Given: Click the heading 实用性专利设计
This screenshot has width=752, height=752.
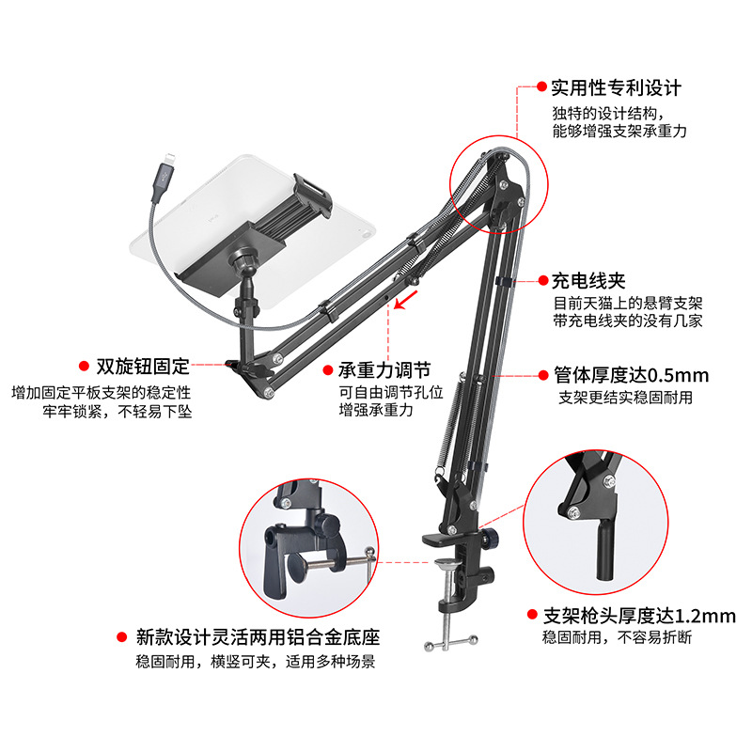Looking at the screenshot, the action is [617, 88].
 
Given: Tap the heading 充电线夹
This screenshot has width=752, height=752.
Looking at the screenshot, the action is [588, 281].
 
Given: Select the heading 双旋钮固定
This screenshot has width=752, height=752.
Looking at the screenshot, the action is [143, 367].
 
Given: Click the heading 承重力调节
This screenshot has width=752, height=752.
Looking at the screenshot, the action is [384, 370].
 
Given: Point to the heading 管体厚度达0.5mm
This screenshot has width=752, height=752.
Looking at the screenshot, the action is [631, 375].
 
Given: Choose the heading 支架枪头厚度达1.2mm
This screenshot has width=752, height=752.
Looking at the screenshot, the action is [639, 616].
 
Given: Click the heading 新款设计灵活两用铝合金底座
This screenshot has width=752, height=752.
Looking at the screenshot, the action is [258, 637].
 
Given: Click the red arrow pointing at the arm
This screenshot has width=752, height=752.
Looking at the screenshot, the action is [405, 300].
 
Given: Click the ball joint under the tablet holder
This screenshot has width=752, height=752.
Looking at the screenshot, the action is [244, 259].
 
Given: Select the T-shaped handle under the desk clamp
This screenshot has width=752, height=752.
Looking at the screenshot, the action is [451, 643].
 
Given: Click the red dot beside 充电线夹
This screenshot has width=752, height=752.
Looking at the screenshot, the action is [543, 280].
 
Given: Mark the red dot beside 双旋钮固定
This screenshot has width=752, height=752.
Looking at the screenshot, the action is [84, 367].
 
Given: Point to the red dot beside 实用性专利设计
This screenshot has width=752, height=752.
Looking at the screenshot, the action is [541, 86].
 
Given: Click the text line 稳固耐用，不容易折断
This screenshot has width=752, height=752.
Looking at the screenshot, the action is [617, 637].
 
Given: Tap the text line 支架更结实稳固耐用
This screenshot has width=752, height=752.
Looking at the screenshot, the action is [625, 397].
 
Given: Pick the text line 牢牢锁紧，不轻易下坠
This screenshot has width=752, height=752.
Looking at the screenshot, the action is [117, 412].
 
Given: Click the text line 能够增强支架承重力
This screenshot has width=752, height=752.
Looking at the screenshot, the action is [619, 131].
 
